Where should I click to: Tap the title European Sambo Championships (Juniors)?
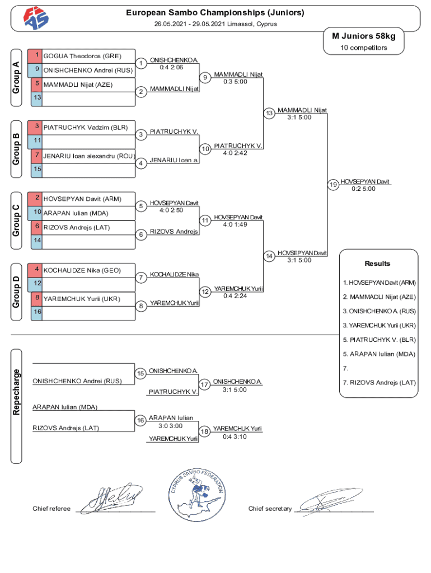215,12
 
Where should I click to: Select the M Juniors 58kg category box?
363,36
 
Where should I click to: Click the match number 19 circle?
332,185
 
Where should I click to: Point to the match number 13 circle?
269,114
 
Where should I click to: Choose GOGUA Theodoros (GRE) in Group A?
82,56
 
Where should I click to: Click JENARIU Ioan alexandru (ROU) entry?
89,156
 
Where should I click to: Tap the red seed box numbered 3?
36,127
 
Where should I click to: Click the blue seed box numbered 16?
36,312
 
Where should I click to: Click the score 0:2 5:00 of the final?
364,189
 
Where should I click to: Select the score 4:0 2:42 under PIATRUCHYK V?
235,153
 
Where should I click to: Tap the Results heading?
377,264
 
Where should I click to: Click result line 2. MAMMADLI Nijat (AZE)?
379,297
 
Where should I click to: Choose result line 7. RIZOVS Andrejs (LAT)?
379,383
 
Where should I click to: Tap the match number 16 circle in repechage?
141,420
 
